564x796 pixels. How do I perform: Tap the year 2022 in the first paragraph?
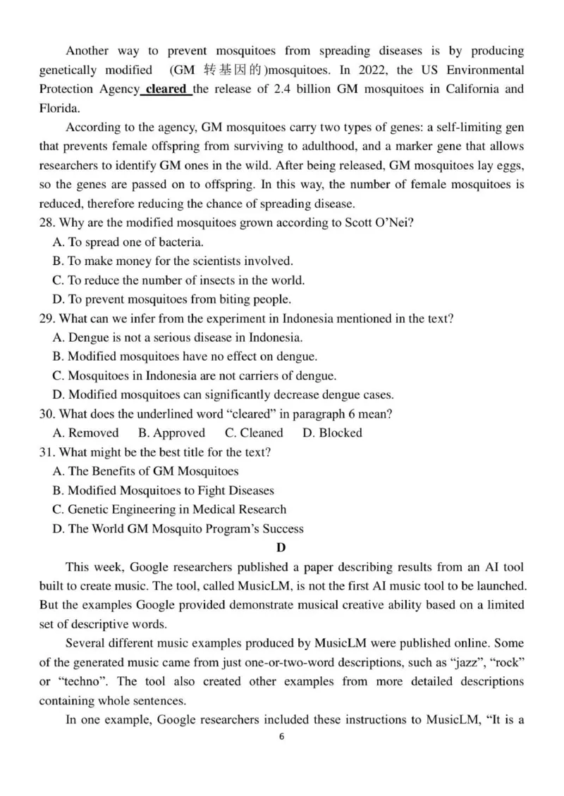[x=374, y=70]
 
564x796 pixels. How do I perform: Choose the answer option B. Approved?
[x=171, y=433]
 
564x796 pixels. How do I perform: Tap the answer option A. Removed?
[x=86, y=433]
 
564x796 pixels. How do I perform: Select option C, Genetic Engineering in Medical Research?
[x=170, y=509]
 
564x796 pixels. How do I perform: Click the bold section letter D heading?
[x=281, y=547]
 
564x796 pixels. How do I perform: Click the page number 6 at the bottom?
[x=282, y=737]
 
